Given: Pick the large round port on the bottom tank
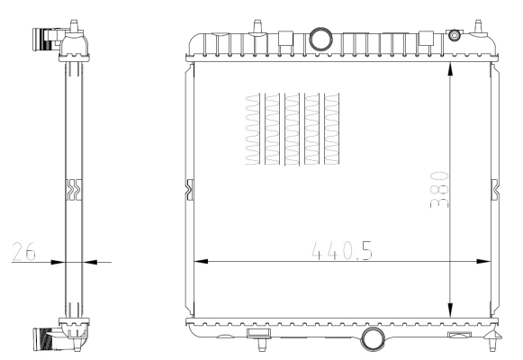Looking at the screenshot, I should click(371, 338).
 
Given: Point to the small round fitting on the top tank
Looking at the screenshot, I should click(454, 35).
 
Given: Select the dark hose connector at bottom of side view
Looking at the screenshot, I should click(41, 339).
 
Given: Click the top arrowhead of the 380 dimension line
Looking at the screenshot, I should click(450, 68).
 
